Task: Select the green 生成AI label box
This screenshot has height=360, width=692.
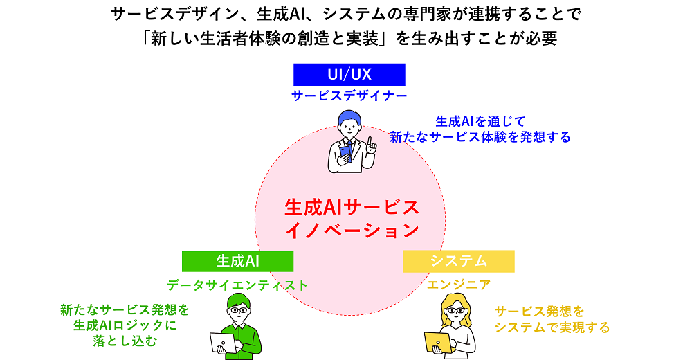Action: pyautogui.click(x=237, y=261)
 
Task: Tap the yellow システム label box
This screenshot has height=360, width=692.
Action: pyautogui.click(x=458, y=261)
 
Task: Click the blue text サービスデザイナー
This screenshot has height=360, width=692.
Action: pyautogui.click(x=349, y=96)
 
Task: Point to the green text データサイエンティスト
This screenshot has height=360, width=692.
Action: pyautogui.click(x=237, y=285)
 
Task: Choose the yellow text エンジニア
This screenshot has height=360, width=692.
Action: pyautogui.click(x=458, y=285)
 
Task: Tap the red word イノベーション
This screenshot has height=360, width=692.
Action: pyautogui.click(x=352, y=229)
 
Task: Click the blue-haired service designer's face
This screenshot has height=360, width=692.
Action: pyautogui.click(x=349, y=126)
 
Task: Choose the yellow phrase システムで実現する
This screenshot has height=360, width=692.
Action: pyautogui.click(x=552, y=327)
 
